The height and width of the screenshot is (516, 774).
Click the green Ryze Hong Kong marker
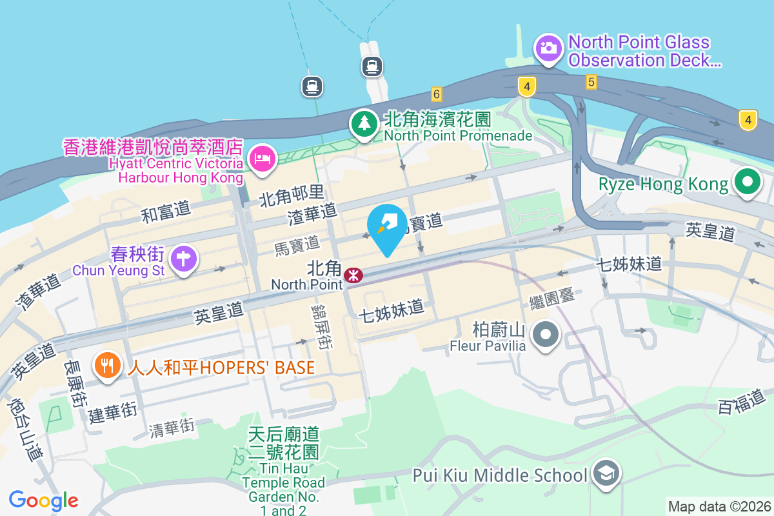(x=747, y=183)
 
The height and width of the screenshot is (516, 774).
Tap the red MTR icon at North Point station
(x=353, y=275)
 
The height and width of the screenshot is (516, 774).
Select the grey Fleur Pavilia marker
(x=546, y=335)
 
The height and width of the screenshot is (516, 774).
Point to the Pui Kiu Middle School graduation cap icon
(x=606, y=475)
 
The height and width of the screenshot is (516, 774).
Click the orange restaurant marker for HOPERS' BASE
(x=107, y=366)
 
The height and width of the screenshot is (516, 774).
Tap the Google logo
(x=44, y=500)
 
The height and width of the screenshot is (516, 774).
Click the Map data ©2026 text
(x=719, y=506)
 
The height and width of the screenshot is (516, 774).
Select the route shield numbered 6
(x=437, y=94)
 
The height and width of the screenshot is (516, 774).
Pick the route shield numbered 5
(x=591, y=82)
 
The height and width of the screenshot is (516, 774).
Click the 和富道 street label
(x=166, y=211)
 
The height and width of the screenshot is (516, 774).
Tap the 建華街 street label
(x=113, y=411)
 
